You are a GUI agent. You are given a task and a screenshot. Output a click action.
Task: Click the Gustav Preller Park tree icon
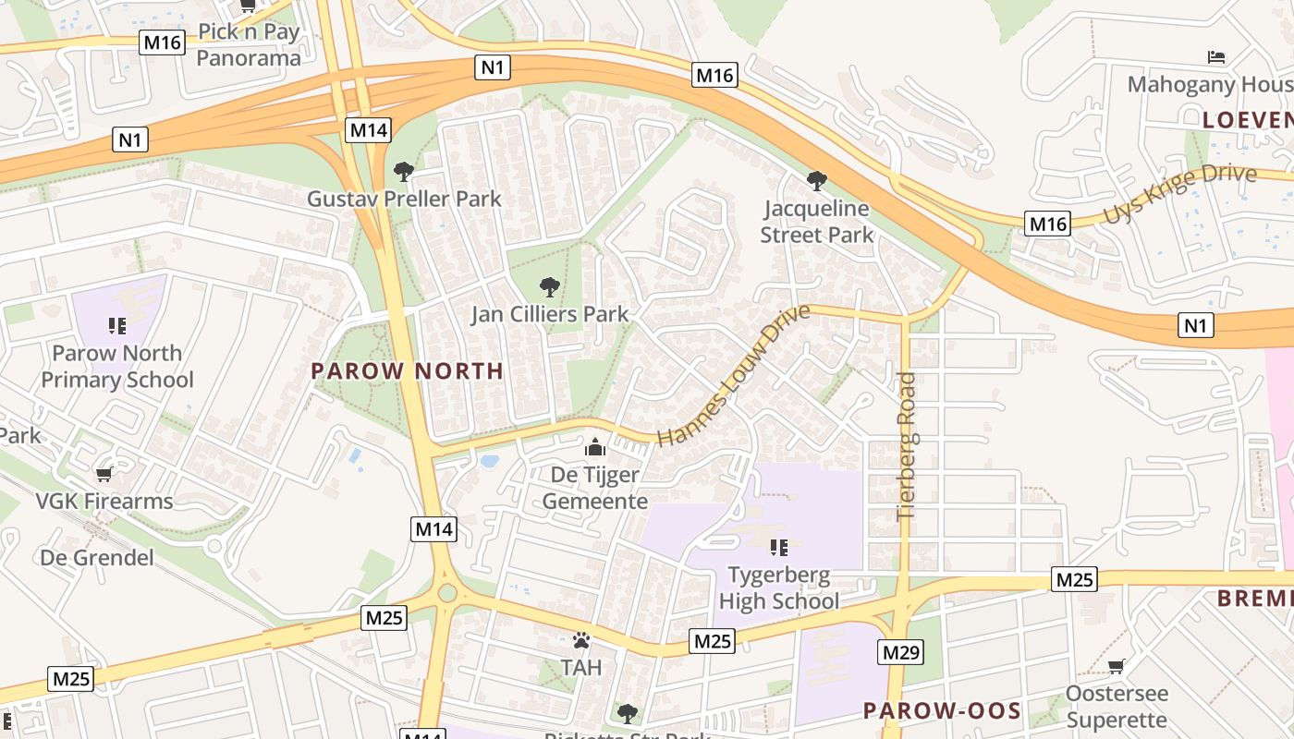(403, 171)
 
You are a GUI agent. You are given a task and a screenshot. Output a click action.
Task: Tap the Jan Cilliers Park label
(550, 314)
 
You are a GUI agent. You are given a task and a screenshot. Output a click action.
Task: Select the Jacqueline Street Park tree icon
(816, 180)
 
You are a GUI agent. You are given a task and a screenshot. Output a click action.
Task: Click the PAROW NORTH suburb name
(407, 371)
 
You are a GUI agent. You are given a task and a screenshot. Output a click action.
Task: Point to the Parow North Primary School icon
(116, 325)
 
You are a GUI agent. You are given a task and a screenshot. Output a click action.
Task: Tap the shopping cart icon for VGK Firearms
(104, 474)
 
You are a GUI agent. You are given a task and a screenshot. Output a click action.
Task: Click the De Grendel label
(97, 558)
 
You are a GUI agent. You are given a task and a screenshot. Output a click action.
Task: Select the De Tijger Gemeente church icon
(595, 448)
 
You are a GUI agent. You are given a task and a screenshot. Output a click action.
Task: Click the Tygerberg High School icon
(778, 548)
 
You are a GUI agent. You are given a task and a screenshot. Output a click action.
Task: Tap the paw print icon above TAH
(580, 640)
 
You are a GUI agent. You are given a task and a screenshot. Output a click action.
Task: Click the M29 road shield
(900, 653)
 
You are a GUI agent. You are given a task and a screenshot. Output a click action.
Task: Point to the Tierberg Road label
(906, 446)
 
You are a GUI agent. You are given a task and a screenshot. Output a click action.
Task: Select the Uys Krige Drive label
(1179, 194)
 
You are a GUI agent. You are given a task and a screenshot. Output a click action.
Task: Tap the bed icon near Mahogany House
(1216, 57)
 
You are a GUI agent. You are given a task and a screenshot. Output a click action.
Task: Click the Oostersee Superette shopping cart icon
(1117, 666)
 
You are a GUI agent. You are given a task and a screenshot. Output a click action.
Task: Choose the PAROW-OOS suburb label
(942, 710)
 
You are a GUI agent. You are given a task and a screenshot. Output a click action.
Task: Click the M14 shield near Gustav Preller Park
(368, 130)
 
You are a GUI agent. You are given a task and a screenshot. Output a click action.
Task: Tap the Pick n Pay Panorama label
(249, 45)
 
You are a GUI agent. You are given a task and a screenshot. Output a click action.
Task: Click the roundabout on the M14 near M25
(446, 591)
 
